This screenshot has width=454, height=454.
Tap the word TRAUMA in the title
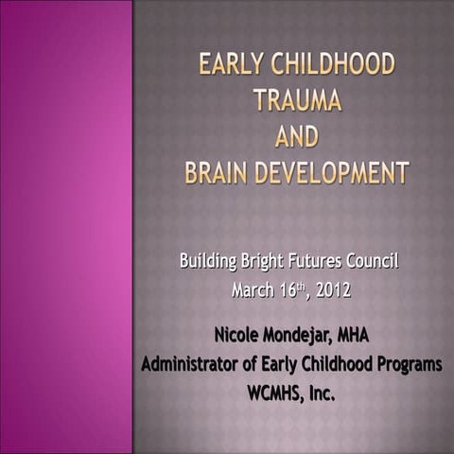point(296,101)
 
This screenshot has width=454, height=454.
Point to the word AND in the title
point(296,137)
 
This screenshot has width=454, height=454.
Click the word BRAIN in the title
point(223,173)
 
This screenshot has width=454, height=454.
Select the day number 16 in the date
point(288,291)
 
